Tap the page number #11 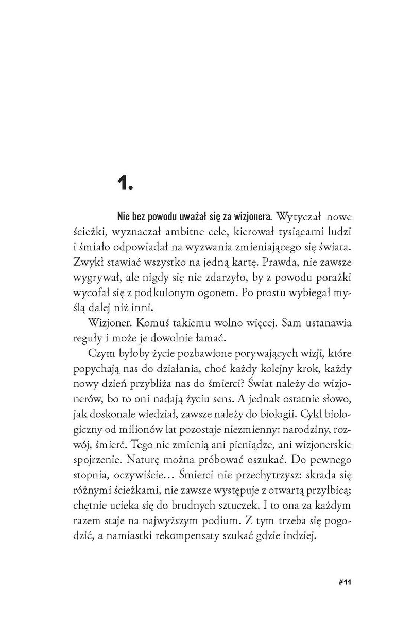pyautogui.click(x=342, y=582)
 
